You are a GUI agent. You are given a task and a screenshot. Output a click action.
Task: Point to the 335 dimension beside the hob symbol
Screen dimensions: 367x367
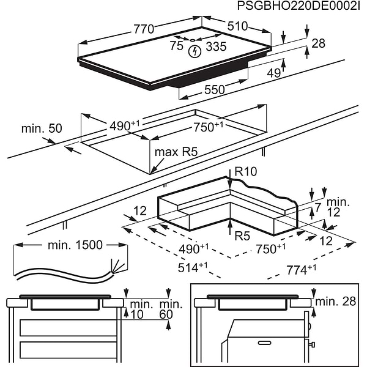[215, 46]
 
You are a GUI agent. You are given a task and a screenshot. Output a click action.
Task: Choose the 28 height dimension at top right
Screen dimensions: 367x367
[318, 44]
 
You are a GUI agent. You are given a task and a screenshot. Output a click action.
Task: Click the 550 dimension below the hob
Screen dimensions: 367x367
[214, 89]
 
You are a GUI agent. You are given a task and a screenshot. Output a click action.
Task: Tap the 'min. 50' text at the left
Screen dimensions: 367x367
[42, 128]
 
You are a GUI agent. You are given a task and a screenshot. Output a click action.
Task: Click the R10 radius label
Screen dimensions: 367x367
[245, 172]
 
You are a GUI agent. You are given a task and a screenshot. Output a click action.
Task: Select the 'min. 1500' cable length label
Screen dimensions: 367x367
[75, 246]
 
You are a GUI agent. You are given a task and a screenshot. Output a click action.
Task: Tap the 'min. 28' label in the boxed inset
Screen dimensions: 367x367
[335, 301]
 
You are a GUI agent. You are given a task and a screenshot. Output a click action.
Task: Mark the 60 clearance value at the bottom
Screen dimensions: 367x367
[167, 314]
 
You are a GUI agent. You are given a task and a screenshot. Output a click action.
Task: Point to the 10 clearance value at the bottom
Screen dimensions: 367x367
[136, 314]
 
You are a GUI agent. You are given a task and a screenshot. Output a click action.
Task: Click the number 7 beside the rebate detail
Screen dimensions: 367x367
[317, 209]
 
